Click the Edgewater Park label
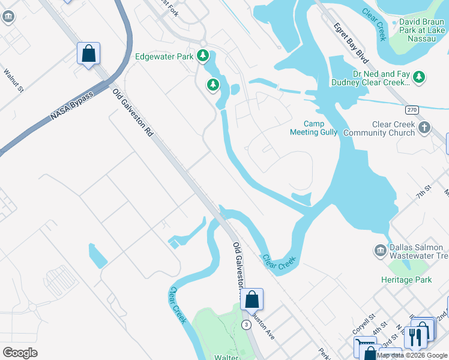[164, 57]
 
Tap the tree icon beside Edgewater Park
[203, 56]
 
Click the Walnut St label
[13, 80]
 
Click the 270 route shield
[411, 110]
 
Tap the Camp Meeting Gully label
[313, 128]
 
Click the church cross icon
[424, 127]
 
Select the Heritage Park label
[406, 280]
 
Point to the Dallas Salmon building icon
[380, 250]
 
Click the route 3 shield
[246, 325]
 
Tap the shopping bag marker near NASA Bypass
[88, 53]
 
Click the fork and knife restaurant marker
[414, 336]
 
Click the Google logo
[20, 352]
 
